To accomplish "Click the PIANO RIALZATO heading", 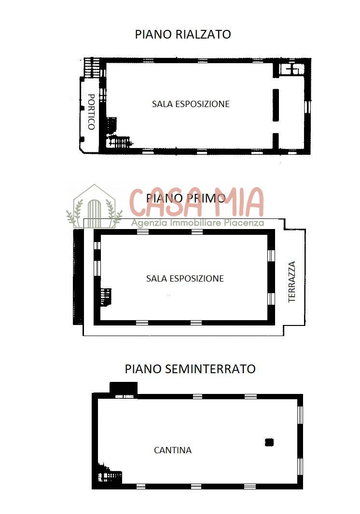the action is [x=183, y=34].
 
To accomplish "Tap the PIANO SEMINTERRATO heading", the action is [x=190, y=369].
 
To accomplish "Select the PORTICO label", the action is [x=91, y=112].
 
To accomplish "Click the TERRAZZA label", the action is [x=292, y=282].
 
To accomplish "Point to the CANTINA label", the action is [x=173, y=450].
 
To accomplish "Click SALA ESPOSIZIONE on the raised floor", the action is [x=191, y=104].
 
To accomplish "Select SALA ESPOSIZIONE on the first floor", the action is [x=185, y=278].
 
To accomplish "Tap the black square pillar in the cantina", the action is [x=269, y=443].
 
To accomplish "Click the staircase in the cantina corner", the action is [x=110, y=473].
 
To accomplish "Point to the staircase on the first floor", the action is [x=106, y=297].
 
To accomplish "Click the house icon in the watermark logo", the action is [x=94, y=206].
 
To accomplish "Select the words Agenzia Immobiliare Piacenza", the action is [x=197, y=223].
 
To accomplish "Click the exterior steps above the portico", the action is [x=92, y=68].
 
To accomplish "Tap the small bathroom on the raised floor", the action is [x=291, y=69].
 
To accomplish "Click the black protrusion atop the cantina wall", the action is [x=124, y=388].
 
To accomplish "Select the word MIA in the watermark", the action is [x=239, y=202].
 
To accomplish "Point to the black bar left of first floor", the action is [x=78, y=277].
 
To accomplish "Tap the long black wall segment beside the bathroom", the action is [x=276, y=105].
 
